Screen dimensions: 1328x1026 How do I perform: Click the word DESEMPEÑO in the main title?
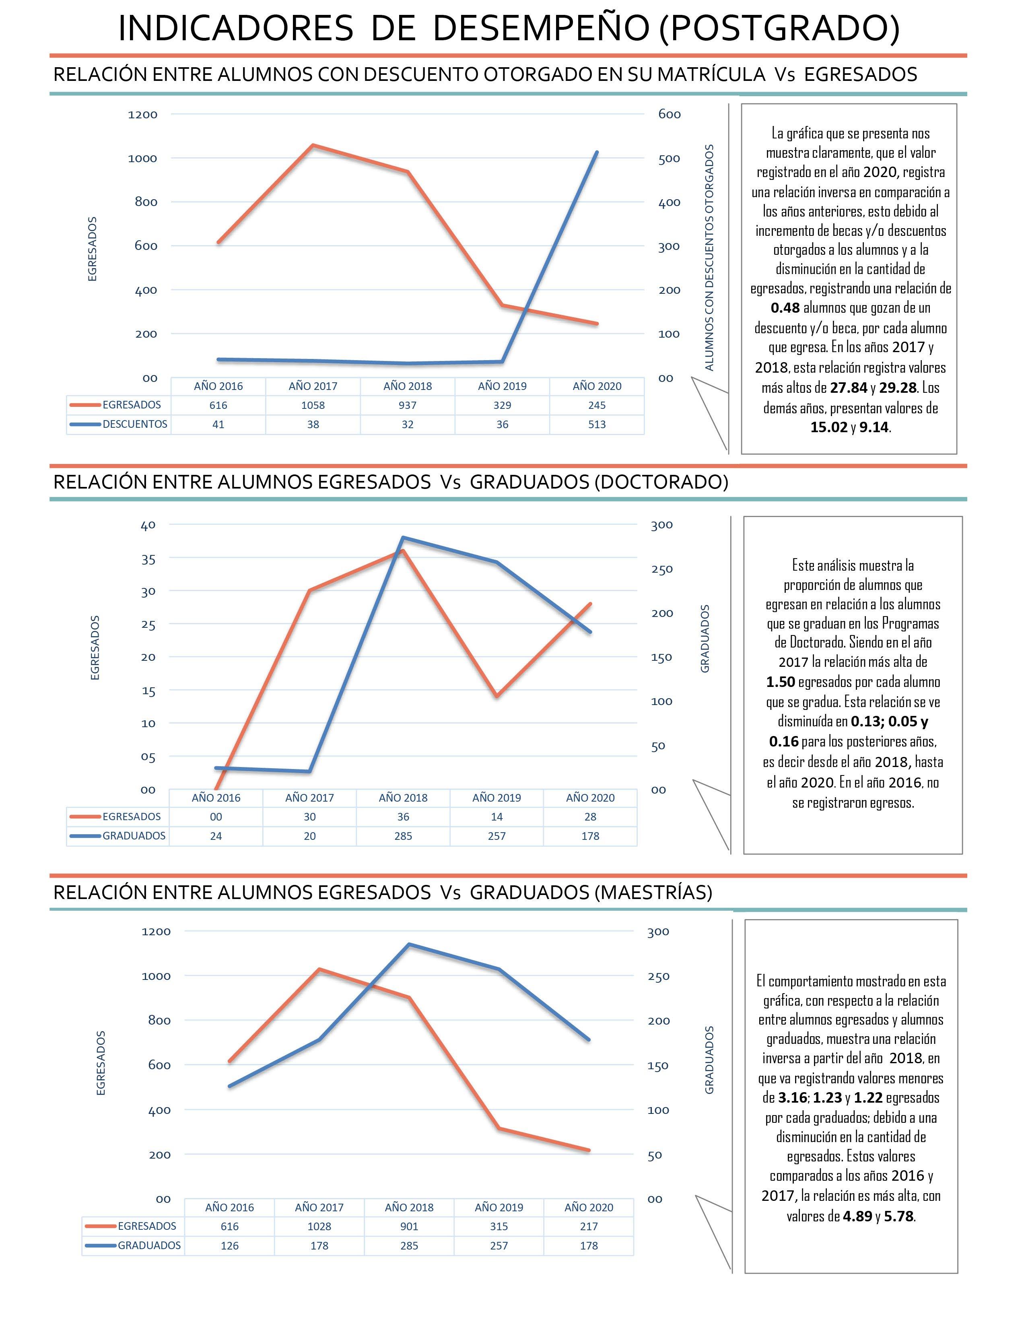pyautogui.click(x=541, y=29)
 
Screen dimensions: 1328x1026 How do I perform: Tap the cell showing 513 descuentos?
pyautogui.click(x=597, y=425)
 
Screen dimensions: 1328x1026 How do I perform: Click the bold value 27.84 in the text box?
pyautogui.click(x=849, y=387)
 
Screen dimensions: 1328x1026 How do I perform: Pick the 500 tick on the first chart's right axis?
pyautogui.click(x=669, y=159)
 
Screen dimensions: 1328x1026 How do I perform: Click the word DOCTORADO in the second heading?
pyautogui.click(x=660, y=482)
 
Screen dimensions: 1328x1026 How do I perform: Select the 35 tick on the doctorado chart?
pyautogui.click(x=148, y=559)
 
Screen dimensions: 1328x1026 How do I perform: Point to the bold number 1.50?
pyautogui.click(x=781, y=682)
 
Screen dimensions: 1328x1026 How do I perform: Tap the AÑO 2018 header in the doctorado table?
pyautogui.click(x=403, y=798)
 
